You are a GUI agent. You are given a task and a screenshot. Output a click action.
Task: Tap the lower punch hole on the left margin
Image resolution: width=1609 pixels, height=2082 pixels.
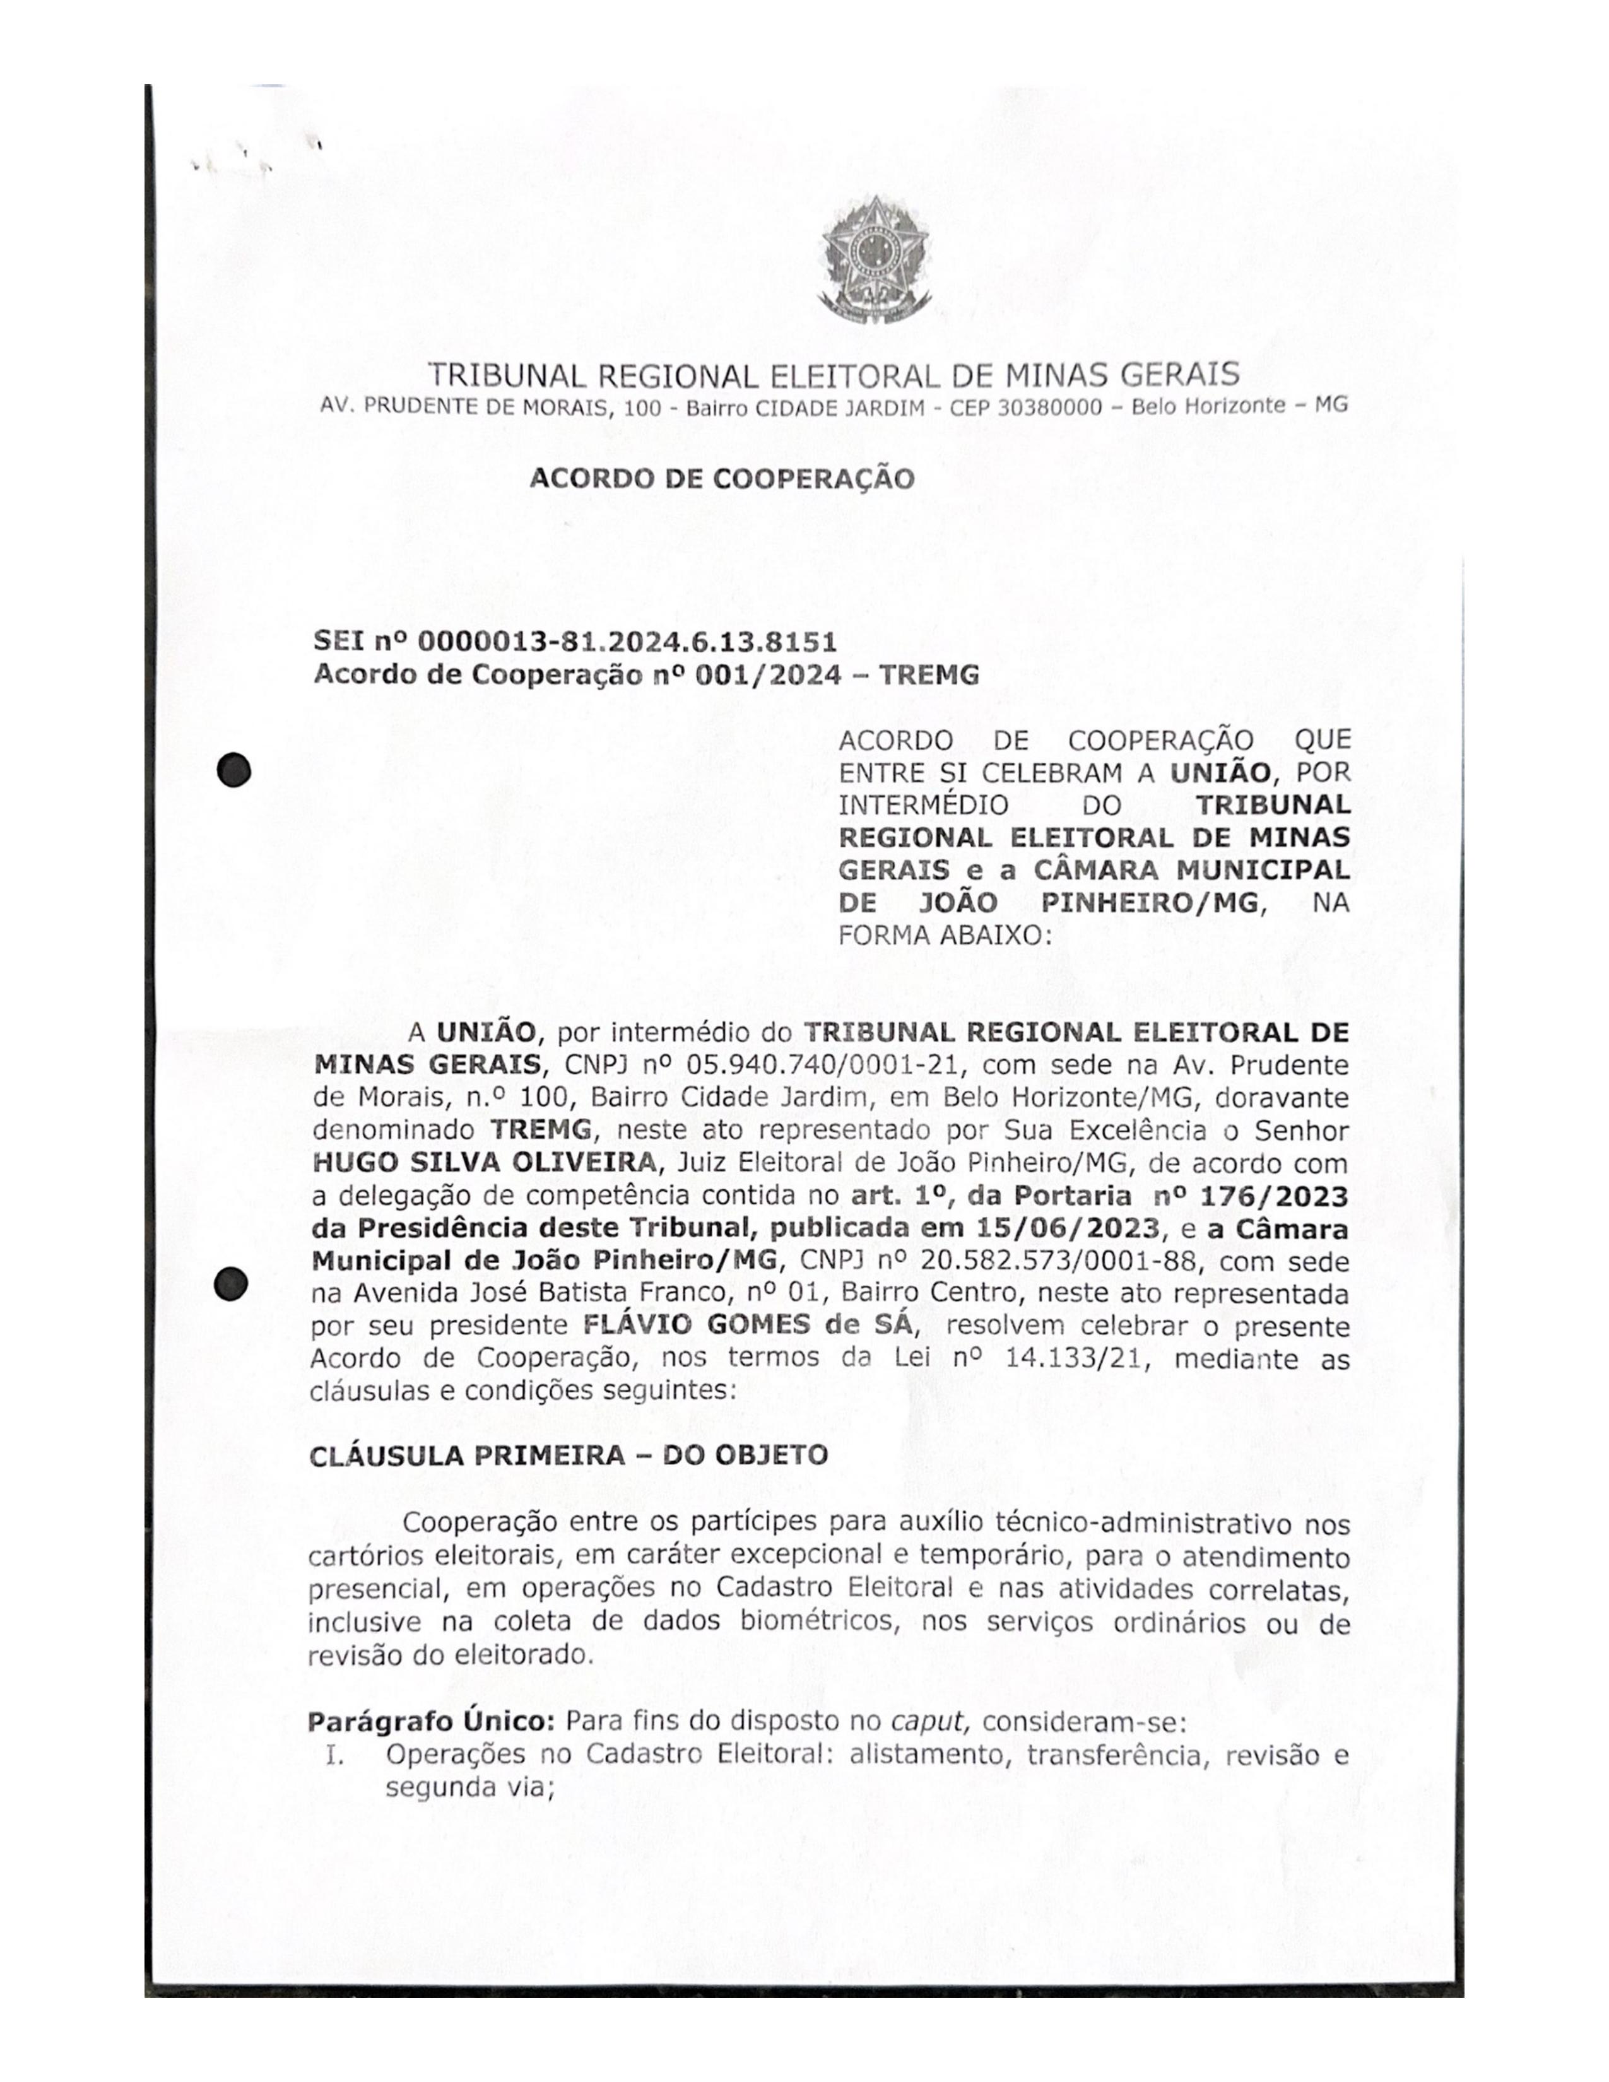pyautogui.click(x=232, y=1284)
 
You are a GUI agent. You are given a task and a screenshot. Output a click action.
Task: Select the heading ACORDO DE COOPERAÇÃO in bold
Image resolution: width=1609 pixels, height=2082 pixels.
pyautogui.click(x=722, y=479)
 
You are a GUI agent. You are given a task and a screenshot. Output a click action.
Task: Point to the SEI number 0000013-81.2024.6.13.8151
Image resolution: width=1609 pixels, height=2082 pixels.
pyautogui.click(x=627, y=642)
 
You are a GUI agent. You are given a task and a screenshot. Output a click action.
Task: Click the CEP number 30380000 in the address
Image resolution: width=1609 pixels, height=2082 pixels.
pyautogui.click(x=1049, y=407)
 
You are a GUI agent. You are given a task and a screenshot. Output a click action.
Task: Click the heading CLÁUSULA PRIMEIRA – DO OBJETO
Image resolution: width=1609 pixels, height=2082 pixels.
pyautogui.click(x=568, y=1456)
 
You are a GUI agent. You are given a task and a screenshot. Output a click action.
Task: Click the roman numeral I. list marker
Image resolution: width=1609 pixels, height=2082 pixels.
pyautogui.click(x=334, y=1755)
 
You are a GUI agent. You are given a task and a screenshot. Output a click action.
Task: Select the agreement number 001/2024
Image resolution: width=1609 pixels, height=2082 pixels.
pyautogui.click(x=769, y=675)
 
